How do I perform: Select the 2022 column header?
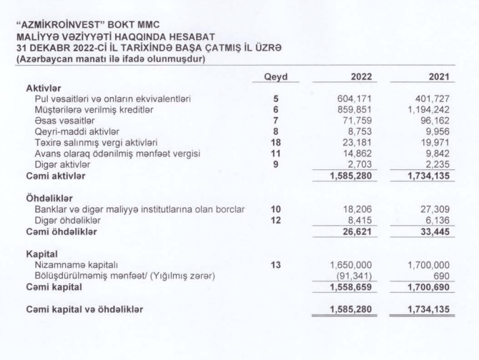click(362, 76)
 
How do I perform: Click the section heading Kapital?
click(43, 254)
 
